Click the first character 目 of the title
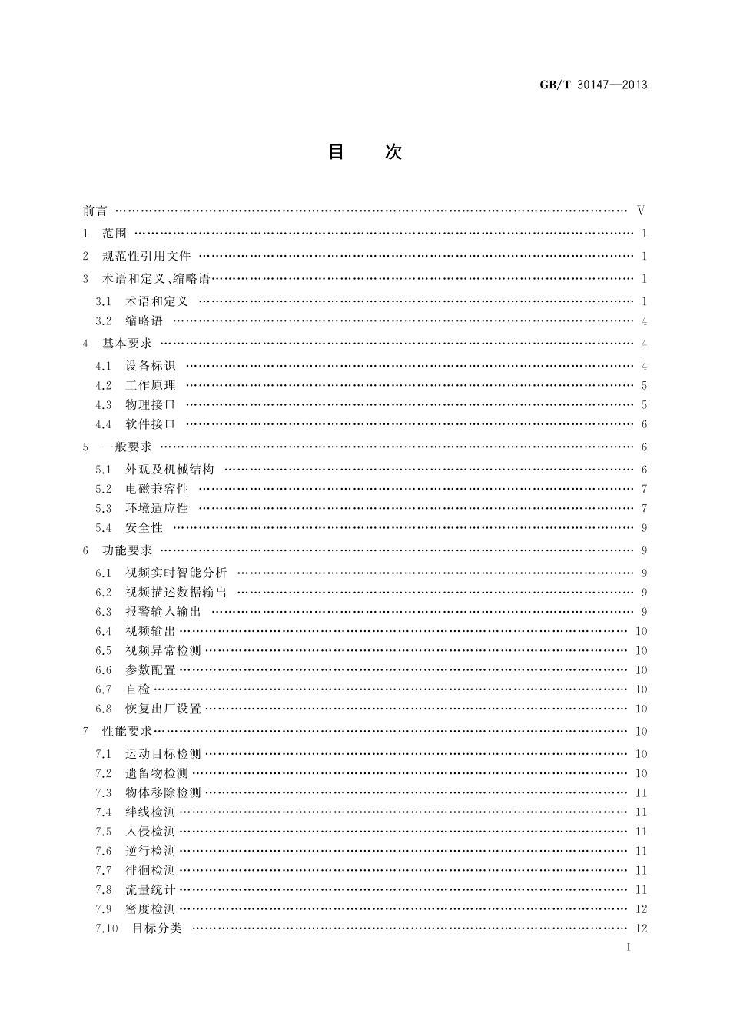[x=337, y=152]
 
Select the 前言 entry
[x=95, y=211]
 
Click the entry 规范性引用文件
[x=146, y=256]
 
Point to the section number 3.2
[x=104, y=321]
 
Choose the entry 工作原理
[x=151, y=386]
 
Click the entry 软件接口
[x=151, y=424]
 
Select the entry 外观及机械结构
[x=170, y=470]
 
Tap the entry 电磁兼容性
[x=157, y=489]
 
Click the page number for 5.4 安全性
[x=644, y=528]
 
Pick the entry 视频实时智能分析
[x=176, y=573]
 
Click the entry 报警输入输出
[x=163, y=612]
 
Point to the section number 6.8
[x=104, y=709]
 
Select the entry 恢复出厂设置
[x=163, y=709]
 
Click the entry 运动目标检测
[x=163, y=754]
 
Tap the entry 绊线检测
[x=151, y=812]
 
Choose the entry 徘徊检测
[x=151, y=870]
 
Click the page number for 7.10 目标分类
[x=642, y=928]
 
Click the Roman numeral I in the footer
[x=629, y=948]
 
